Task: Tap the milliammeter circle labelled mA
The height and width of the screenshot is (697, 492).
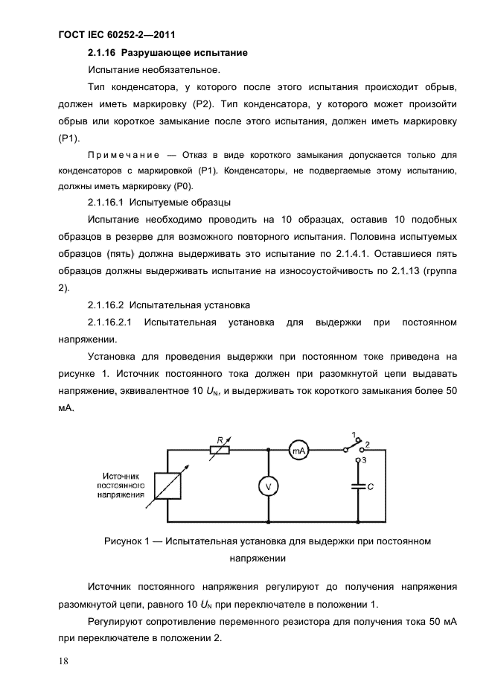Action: tap(298, 450)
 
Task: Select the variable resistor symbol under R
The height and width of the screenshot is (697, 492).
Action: tap(218, 450)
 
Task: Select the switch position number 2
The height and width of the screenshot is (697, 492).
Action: tap(367, 445)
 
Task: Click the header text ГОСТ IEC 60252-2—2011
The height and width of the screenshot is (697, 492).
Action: tap(115, 34)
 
